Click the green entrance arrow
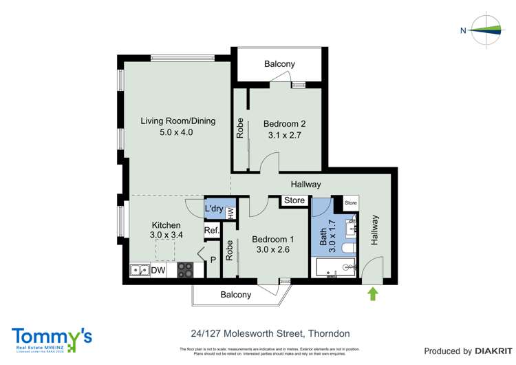(x=373, y=294)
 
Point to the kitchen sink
(x=140, y=271)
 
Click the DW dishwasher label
(x=158, y=271)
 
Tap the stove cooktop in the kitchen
(x=185, y=271)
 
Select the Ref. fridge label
(x=211, y=231)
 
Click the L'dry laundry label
(x=213, y=208)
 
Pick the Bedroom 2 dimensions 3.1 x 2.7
(x=284, y=136)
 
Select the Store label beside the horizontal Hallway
(x=294, y=201)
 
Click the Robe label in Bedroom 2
(x=240, y=129)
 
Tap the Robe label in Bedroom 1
(x=230, y=250)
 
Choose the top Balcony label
(x=279, y=64)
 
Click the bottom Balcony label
(x=235, y=295)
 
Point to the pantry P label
(x=213, y=260)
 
